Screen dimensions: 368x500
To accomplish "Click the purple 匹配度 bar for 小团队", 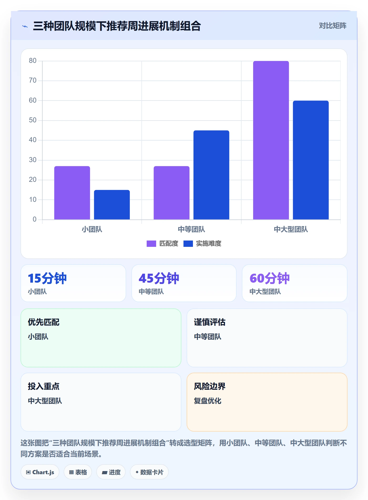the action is pos(72,193).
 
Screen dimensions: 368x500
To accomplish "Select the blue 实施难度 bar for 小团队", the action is pos(112,205).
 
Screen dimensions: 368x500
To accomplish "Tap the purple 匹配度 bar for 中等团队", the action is pos(172,193).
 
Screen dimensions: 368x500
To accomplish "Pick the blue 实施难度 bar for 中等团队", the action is pos(211,175).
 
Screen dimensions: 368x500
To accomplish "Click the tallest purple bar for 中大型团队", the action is pos(271,140).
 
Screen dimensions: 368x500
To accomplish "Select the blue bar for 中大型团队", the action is pos(311,160).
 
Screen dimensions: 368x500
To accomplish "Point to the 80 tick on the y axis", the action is pos(33,61).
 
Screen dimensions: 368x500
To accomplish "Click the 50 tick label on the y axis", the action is pos(33,120).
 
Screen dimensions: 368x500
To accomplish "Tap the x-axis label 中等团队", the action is pos(191,229).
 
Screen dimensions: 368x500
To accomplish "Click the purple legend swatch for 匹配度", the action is pos(151,244).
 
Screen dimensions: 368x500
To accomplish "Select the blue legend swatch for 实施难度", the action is pos(188,244).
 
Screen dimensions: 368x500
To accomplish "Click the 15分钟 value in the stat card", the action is pos(47,278).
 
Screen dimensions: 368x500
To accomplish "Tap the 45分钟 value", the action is pos(159,278).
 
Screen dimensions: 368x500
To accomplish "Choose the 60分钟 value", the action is pos(269,278).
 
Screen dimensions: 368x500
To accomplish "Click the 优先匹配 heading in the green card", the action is pos(44,322).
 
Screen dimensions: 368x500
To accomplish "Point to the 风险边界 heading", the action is pos(210,386).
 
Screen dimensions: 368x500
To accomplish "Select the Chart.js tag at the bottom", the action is pos(40,472).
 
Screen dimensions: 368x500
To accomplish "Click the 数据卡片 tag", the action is pos(149,472).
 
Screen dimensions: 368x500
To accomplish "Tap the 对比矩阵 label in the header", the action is pos(333,26).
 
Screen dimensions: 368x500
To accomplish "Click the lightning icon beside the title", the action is pos(25,26).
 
